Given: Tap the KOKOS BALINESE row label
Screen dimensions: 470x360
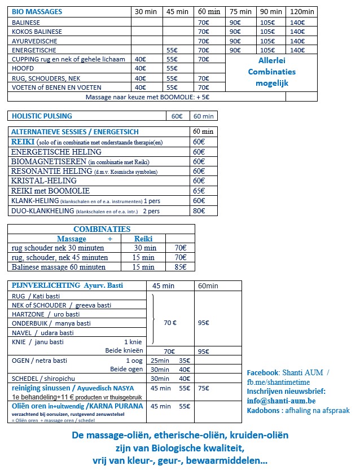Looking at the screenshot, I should click(x=37, y=32).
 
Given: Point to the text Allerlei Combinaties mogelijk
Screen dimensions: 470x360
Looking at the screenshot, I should click(x=272, y=72).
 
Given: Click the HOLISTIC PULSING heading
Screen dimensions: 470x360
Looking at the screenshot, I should click(x=42, y=116).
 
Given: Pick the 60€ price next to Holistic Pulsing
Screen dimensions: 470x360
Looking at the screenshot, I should click(x=177, y=116).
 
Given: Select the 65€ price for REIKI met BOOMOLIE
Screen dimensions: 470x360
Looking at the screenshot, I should click(x=199, y=191).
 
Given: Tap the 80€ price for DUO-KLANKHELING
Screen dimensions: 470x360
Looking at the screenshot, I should click(x=199, y=211).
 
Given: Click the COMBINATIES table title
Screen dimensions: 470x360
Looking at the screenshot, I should click(x=102, y=229).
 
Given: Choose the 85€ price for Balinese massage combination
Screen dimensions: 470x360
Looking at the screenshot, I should click(x=180, y=267).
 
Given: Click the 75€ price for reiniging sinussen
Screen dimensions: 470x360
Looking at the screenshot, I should click(x=204, y=388).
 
